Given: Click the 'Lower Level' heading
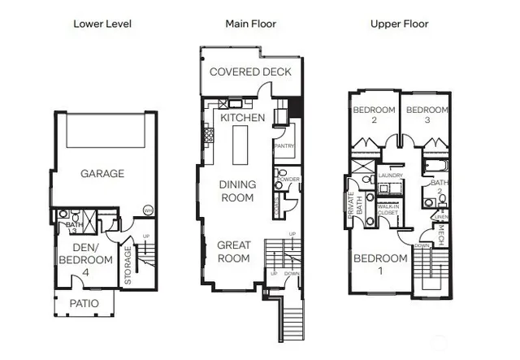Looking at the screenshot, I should coord(102,24).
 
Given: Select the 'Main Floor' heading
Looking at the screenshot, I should coord(250,24).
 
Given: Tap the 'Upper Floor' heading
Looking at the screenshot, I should coord(398,24).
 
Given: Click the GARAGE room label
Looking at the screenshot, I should coord(102,173).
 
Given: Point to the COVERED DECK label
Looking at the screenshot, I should coord(250,72).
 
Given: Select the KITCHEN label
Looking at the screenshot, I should coord(243,118).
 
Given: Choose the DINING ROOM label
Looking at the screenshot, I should coord(237,190).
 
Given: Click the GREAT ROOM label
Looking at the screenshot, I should coord(234,252).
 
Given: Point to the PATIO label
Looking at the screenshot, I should coord(84,303).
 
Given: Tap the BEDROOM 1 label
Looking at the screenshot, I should coord(379,265).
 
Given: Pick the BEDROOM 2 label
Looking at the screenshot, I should coord(373,115).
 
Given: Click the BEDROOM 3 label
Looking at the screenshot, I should coord(427,115).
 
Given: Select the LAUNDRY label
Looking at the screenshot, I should coord(391,175).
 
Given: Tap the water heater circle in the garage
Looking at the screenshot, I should coord(148,210).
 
